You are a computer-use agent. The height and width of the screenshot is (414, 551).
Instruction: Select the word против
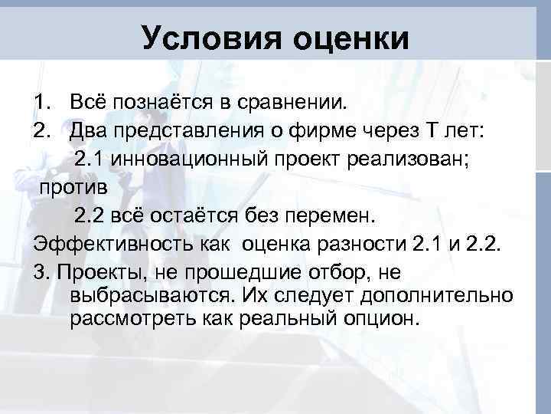click(75, 187)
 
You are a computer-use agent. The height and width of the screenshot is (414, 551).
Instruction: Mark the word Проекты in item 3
click(100, 273)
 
